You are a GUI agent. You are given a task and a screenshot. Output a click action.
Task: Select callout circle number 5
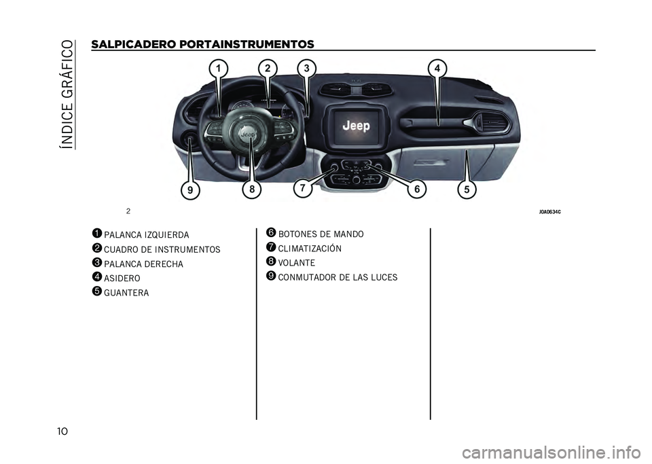click(x=467, y=189)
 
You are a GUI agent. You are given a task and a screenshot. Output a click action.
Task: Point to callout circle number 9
click(x=190, y=190)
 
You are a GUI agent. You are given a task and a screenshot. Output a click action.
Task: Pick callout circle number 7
click(x=303, y=188)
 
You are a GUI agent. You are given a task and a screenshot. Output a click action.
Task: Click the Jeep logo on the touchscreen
click(x=357, y=126)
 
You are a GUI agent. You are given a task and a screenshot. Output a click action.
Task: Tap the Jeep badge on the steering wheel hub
click(x=249, y=135)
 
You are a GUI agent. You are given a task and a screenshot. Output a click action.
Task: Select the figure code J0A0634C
click(x=550, y=212)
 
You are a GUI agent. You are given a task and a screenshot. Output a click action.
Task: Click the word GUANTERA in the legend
click(x=126, y=293)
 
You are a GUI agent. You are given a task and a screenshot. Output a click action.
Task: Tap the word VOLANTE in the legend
click(x=297, y=263)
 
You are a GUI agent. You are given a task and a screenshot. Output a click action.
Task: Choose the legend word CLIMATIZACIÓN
click(x=310, y=249)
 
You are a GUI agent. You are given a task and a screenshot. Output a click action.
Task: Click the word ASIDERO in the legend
click(x=122, y=278)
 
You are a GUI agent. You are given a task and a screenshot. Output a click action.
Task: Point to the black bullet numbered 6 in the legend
click(x=271, y=233)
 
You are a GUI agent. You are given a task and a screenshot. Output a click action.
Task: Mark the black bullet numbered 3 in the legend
click(x=97, y=263)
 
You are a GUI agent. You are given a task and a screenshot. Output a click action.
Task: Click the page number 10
click(x=62, y=431)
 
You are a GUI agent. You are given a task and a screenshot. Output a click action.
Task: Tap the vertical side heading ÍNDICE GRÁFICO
click(x=68, y=95)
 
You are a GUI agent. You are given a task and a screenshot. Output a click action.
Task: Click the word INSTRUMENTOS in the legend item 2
click(x=187, y=249)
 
